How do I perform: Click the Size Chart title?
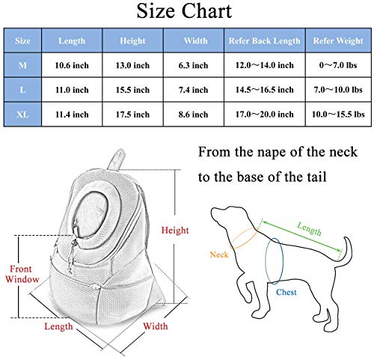point(184,11)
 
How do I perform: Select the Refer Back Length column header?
point(265,40)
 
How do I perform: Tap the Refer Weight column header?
point(338,40)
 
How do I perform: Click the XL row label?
point(22,115)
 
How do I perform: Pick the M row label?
point(22,65)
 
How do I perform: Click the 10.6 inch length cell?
point(72,65)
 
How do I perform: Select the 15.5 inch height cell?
point(132,90)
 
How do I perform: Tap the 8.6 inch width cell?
point(193,115)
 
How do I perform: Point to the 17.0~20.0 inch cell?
point(265,115)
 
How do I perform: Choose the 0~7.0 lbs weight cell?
point(338,65)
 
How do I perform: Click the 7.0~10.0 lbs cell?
point(338,90)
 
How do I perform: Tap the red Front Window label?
point(22,274)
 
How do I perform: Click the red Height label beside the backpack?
point(175,231)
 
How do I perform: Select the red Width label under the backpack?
point(156,326)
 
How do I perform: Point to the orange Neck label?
point(219,254)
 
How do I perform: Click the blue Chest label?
point(286,292)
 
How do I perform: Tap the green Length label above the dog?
point(309,229)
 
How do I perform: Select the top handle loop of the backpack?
point(117,159)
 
